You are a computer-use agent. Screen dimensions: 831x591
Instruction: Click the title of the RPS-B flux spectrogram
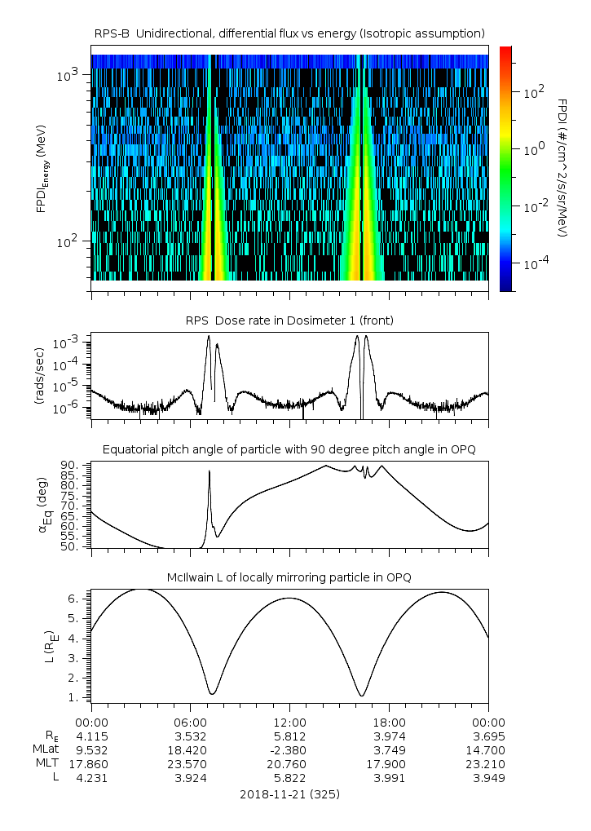coord(289,33)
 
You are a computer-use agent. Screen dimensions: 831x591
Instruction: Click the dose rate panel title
coord(289,320)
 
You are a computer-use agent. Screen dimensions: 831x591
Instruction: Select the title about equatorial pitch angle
coord(289,449)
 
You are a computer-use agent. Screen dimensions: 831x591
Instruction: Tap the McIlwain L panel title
coord(289,577)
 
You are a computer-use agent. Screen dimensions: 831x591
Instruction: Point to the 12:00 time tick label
coord(289,722)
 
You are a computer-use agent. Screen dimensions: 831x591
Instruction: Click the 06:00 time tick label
coord(191,722)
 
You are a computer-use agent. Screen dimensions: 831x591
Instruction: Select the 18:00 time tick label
coord(389,722)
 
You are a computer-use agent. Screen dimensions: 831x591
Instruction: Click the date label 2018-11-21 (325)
coord(289,793)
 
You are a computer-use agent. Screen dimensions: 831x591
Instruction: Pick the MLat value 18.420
coord(191,749)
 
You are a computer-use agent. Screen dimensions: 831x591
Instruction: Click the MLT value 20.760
coord(289,764)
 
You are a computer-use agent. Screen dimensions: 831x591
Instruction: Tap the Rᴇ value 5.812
coord(289,736)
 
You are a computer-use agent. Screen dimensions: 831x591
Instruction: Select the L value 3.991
coord(389,778)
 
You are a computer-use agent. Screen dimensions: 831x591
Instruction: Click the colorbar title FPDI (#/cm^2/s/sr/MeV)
coord(562,168)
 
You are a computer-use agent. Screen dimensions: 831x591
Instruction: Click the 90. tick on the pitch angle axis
coord(70,466)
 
